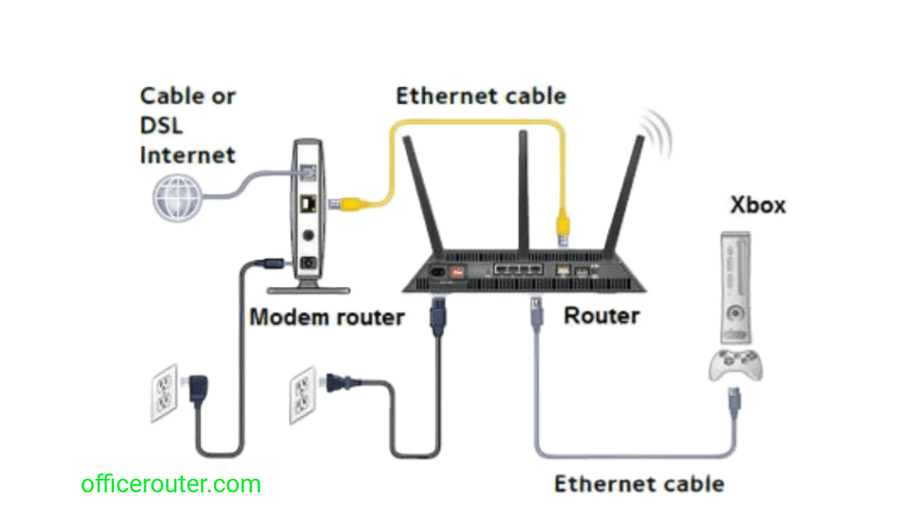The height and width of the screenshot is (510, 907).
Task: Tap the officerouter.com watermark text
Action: (171, 484)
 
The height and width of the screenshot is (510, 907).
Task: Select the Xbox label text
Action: (757, 205)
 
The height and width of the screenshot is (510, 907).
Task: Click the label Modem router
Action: (327, 317)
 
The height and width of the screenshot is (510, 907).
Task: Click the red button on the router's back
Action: (457, 269)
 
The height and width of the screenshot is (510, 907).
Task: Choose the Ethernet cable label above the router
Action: (481, 96)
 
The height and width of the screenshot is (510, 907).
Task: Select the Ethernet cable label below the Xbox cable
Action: (639, 484)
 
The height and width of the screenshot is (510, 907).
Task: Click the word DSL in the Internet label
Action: (161, 126)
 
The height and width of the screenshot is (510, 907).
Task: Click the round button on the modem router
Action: (308, 235)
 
